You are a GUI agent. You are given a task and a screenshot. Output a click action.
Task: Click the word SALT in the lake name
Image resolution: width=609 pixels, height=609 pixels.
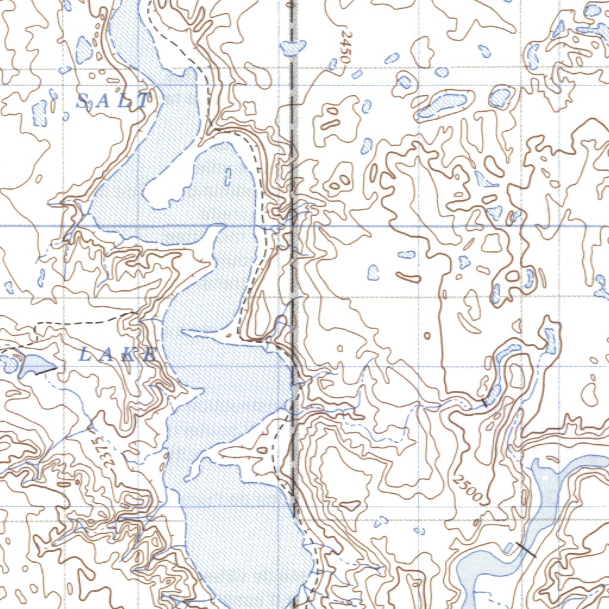click(x=113, y=101)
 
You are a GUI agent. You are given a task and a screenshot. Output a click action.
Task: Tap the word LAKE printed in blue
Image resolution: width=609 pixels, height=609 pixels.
click(x=118, y=356)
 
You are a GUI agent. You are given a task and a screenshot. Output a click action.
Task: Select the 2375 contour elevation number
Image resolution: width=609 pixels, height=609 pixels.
click(x=99, y=446)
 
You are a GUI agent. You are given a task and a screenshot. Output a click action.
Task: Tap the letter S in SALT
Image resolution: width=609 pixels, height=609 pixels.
click(x=84, y=102)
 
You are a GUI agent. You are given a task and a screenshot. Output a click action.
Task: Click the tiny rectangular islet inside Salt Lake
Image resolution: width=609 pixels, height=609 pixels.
click(x=229, y=175)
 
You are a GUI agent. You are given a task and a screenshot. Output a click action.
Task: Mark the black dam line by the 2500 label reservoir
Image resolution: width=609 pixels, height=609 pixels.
click(x=526, y=550)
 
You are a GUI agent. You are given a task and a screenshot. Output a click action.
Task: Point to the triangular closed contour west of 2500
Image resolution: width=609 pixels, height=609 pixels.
click(x=350, y=506)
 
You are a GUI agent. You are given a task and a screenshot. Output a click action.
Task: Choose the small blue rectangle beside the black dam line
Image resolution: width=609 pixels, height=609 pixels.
click(x=509, y=547)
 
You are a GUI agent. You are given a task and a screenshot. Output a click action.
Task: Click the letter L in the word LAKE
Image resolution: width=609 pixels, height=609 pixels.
click(x=84, y=356)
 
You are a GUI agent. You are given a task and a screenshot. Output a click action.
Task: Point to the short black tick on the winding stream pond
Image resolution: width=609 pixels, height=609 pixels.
click(x=485, y=403)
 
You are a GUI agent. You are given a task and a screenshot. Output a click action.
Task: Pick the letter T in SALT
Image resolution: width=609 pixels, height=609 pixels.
click(x=143, y=101)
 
